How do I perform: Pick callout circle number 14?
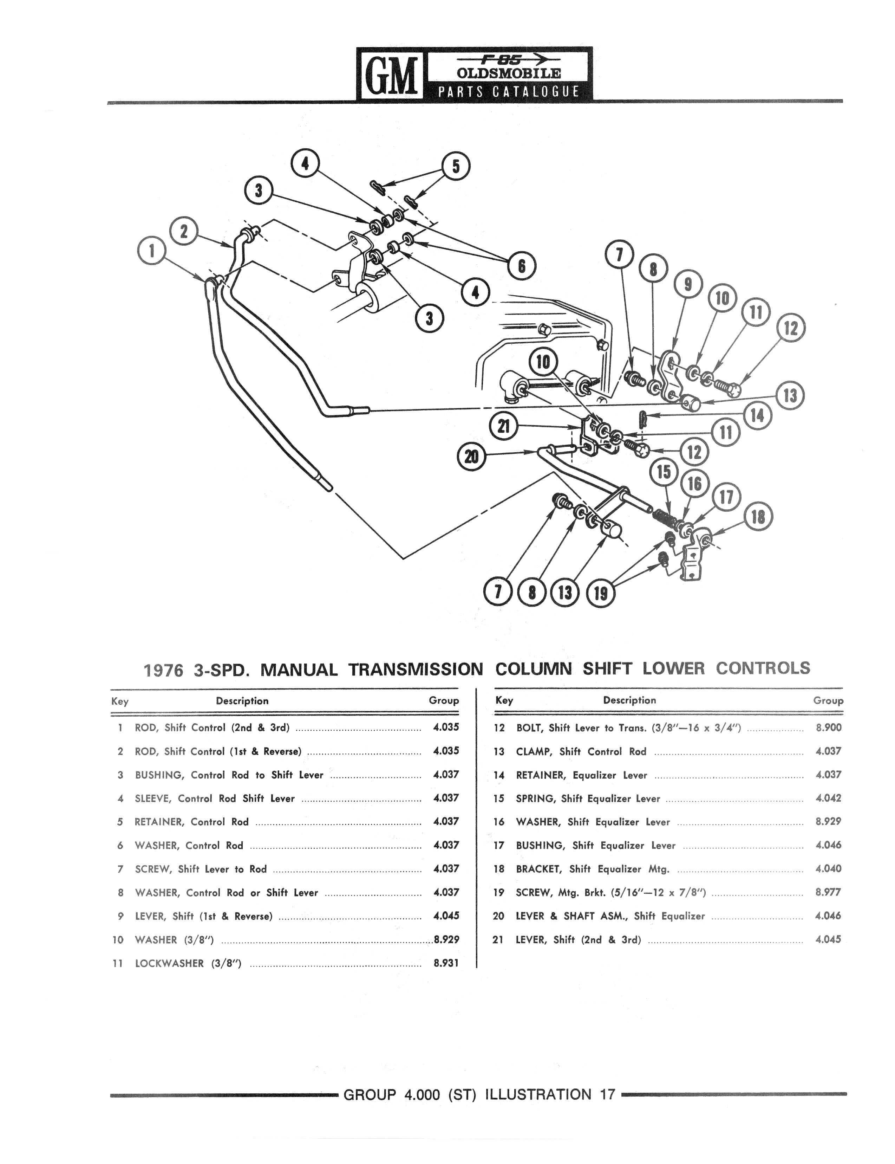click(757, 415)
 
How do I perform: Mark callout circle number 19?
click(600, 593)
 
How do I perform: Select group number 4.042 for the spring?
click(828, 798)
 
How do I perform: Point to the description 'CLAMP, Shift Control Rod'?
click(581, 751)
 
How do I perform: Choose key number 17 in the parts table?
click(499, 845)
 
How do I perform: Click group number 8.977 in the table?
click(828, 892)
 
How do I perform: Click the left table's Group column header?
click(444, 701)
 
